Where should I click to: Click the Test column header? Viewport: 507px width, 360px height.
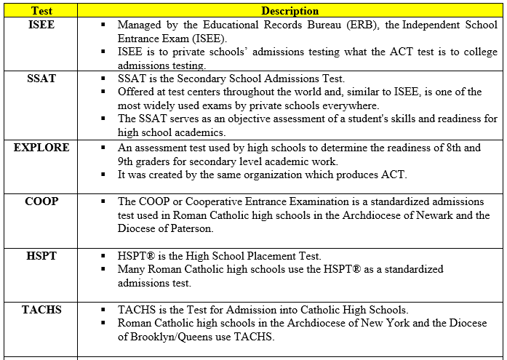tap(41, 11)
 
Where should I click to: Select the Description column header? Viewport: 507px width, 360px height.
tap(290, 11)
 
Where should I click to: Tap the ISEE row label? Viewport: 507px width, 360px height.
tap(41, 25)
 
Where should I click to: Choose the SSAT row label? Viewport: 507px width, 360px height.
tap(41, 79)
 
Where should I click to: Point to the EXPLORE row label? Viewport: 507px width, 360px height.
tap(41, 148)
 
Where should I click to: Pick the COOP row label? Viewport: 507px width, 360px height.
tap(41, 201)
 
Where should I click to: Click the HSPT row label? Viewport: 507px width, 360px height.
tap(41, 256)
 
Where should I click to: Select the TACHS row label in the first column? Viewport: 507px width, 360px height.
tap(41, 310)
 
